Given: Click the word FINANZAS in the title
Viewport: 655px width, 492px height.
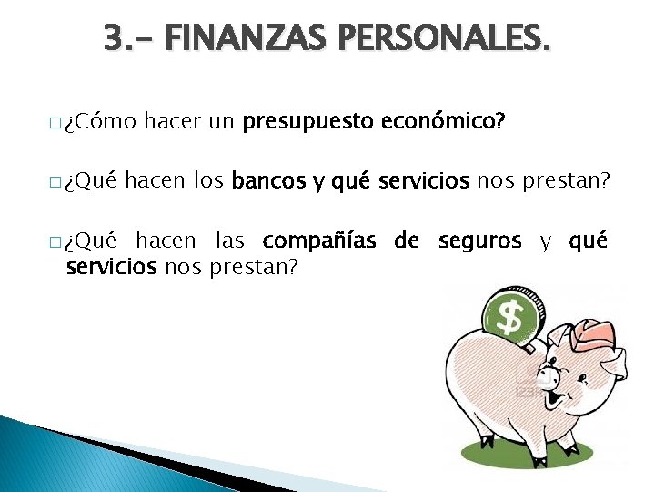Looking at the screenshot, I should pos(230,38).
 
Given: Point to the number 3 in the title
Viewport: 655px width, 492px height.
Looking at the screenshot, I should pos(113,38).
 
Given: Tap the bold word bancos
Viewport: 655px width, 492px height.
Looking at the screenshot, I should pos(269,180).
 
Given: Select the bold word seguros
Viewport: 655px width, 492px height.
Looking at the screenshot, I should pos(479,241).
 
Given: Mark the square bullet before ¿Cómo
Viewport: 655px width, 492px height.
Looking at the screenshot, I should pos(55,123).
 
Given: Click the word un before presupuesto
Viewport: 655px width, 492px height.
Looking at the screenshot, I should pos(221,122).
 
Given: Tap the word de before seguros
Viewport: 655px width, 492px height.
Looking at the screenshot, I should pos(407,241).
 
